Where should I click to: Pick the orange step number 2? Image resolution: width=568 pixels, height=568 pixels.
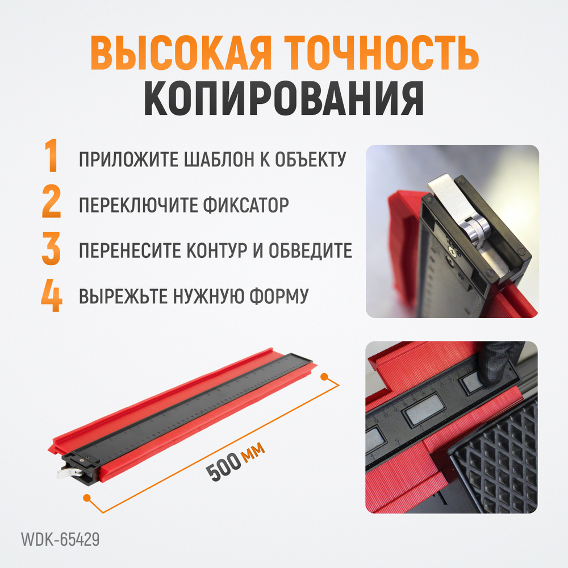click(51, 204)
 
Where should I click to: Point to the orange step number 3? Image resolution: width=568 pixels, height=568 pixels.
click(51, 249)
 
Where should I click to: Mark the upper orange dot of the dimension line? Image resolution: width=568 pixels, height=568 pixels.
click(325, 377)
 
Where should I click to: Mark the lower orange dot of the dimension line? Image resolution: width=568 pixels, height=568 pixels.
click(87, 498)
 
